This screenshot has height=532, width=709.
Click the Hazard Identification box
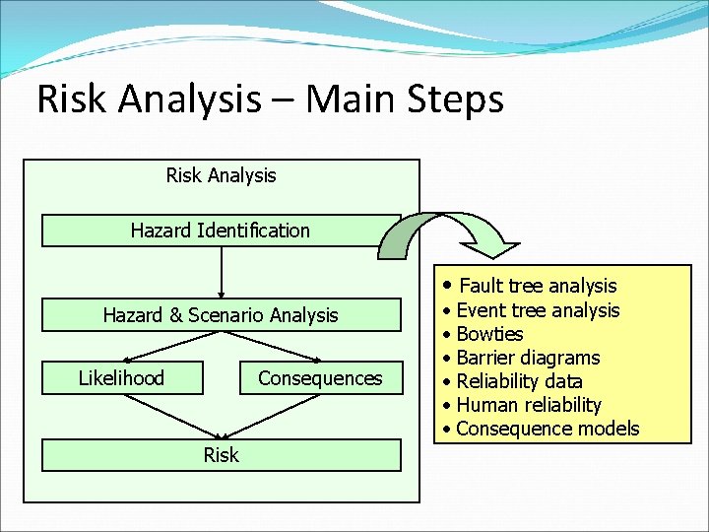pyautogui.click(x=221, y=231)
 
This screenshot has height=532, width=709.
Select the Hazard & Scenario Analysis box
pyautogui.click(x=221, y=315)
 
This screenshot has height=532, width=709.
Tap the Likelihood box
pyautogui.click(x=122, y=378)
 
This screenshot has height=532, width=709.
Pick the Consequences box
pyautogui.click(x=321, y=378)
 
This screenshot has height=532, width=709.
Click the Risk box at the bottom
pyautogui.click(x=221, y=455)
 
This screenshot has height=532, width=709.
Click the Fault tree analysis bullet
pyautogui.click(x=537, y=287)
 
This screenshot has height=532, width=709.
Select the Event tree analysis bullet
pyautogui.click(x=538, y=310)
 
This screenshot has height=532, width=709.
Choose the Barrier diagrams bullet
pyautogui.click(x=528, y=358)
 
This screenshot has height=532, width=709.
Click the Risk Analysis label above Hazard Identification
pyautogui.click(x=221, y=175)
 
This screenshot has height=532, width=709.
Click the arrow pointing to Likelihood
pyautogui.click(x=162, y=346)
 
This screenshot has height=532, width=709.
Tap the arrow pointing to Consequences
pyautogui.click(x=286, y=346)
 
